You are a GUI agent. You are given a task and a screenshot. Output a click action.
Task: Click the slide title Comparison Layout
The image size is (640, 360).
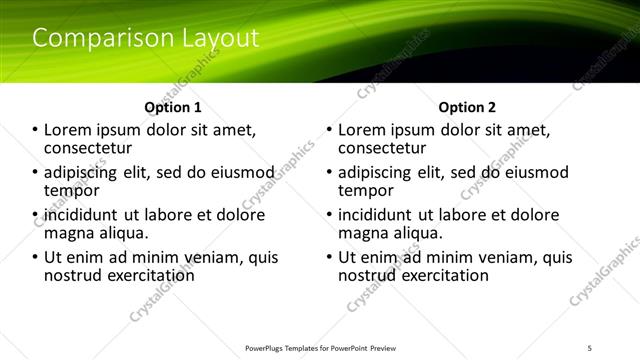click(146, 39)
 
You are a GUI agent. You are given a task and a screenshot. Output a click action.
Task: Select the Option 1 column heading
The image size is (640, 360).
click(173, 107)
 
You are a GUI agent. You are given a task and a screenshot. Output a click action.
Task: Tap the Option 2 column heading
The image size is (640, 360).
click(467, 107)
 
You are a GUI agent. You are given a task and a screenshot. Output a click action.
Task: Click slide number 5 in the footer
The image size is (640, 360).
click(590, 347)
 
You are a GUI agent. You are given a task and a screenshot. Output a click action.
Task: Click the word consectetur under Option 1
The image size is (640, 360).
click(88, 148)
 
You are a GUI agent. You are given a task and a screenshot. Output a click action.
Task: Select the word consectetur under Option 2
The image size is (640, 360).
click(382, 148)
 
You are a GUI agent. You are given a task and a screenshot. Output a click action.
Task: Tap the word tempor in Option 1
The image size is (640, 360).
click(71, 190)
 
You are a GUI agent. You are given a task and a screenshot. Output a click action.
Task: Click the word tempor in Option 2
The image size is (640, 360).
click(365, 190)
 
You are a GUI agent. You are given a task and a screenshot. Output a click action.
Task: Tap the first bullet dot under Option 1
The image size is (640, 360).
click(35, 130)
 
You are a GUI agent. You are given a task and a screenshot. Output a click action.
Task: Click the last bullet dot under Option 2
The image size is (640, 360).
click(329, 257)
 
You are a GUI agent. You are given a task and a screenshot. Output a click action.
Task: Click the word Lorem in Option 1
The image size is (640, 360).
click(68, 130)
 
